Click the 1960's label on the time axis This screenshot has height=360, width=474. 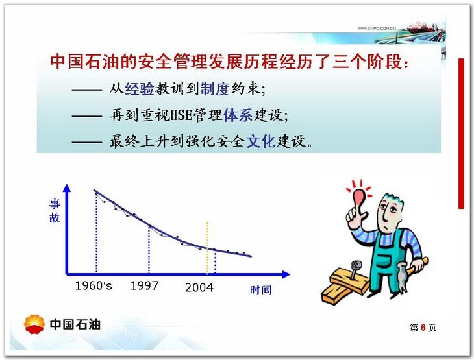tap(94, 285)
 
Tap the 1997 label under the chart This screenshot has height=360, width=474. tap(144, 285)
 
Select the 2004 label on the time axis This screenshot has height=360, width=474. tap(199, 287)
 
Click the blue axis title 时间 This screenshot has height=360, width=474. tap(260, 290)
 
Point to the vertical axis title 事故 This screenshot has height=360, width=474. tap(55, 211)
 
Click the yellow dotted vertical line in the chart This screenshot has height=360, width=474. tap(207, 248)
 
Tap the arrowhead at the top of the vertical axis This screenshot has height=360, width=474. tap(67, 188)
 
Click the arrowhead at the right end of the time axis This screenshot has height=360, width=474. tap(286, 274)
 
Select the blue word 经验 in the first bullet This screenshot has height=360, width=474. tap(140, 88)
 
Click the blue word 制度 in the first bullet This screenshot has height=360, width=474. tap(215, 88)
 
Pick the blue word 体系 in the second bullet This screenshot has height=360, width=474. tap(238, 115)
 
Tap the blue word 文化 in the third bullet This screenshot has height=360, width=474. tap(260, 141)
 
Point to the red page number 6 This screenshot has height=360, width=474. tap(423, 328)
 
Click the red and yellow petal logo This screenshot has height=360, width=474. tap(34, 324)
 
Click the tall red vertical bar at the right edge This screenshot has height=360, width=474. tap(461, 134)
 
